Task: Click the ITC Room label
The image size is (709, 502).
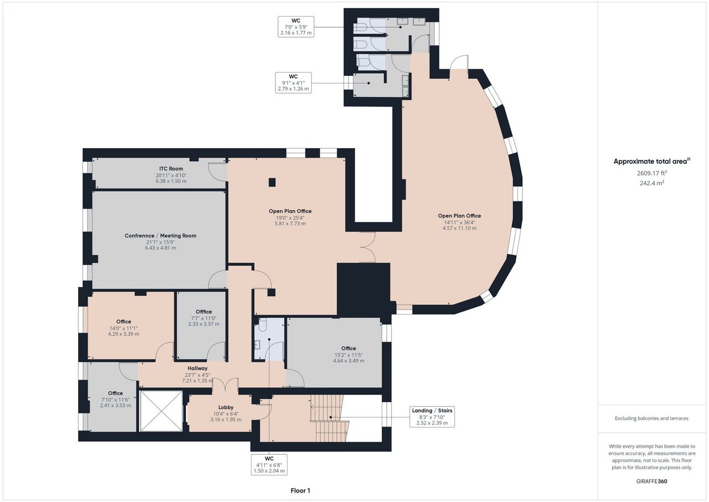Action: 171,169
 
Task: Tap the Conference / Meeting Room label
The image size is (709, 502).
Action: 161,236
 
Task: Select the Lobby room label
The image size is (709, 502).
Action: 225,407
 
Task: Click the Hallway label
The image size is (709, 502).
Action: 198,368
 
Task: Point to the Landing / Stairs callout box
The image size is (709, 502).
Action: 432,417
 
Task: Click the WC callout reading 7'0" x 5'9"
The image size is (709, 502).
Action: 296,27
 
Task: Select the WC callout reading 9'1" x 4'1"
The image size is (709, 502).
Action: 293,83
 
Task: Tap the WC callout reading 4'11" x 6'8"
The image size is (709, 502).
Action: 269,464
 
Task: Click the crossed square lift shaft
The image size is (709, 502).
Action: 161,411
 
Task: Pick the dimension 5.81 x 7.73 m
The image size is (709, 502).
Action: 290,224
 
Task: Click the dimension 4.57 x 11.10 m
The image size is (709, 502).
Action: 459,228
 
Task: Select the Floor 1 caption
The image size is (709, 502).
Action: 300,490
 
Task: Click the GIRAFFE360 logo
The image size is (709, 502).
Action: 652,481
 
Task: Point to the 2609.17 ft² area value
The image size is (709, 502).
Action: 652,173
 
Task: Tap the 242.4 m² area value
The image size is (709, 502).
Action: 652,183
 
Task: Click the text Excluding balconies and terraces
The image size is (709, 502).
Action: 651,418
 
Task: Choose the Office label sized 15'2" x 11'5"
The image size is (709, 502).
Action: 348,348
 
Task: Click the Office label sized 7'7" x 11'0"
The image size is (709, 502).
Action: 203,312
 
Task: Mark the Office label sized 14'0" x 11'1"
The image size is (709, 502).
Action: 124,321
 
